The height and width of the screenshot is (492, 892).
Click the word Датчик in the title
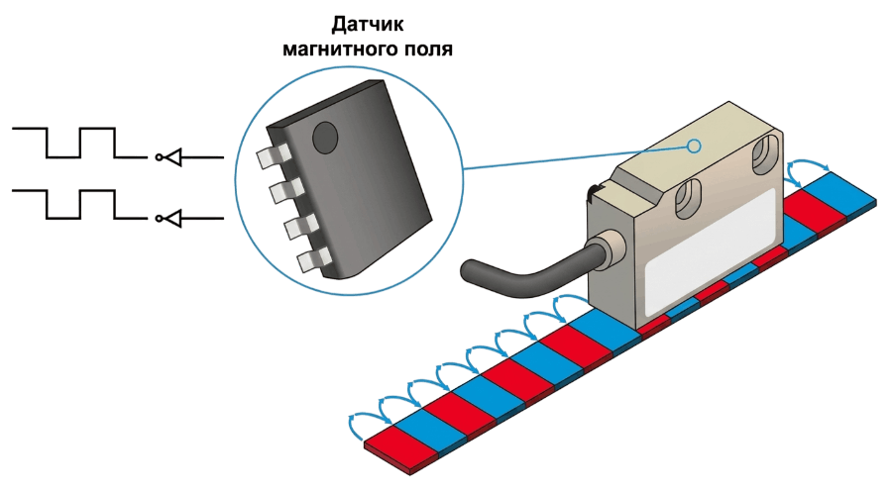point(368,25)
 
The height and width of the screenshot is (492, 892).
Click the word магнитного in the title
point(337,49)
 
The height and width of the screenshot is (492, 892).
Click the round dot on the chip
point(325,137)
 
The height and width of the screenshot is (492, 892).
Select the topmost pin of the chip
point(273,156)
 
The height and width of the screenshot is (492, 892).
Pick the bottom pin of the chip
point(314,258)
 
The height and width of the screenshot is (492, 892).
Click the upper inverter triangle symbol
point(172,156)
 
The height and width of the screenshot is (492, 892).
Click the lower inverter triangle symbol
point(172,218)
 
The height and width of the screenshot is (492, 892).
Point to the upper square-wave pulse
point(79,143)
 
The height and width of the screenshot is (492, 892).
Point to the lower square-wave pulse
point(79,204)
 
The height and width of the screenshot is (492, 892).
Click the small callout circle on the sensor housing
point(694,147)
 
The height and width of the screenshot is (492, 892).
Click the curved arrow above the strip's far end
point(808,167)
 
